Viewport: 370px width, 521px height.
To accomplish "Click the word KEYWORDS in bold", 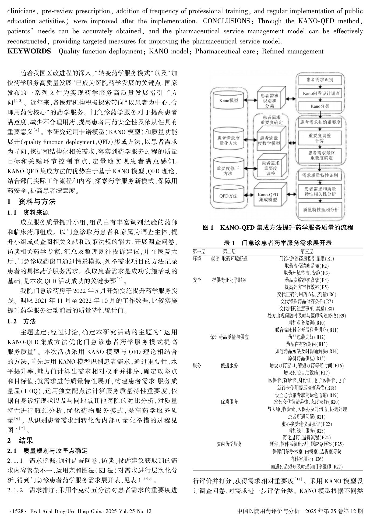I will pyautogui.click(x=29, y=51).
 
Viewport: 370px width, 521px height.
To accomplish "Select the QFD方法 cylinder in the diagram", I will pyautogui.click(x=228, y=196).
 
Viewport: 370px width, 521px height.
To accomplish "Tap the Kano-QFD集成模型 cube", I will pyautogui.click(x=268, y=197).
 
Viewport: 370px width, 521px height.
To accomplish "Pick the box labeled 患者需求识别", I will pyautogui.click(x=319, y=80).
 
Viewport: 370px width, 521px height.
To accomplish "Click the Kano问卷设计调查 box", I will pyautogui.click(x=319, y=93).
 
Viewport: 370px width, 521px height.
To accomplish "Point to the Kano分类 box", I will pyautogui.click(x=319, y=106).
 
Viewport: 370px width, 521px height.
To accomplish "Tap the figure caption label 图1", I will pyautogui.click(x=208, y=228).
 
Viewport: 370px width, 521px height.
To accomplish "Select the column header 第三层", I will pyautogui.click(x=307, y=252).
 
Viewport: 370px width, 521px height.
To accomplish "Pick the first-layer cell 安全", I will pyautogui.click(x=197, y=280).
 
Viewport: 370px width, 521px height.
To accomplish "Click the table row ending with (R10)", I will pyautogui.click(x=307, y=323).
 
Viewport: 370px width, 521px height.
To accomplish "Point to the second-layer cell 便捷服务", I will pyautogui.click(x=229, y=366).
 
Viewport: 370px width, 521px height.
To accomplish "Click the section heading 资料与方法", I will pyautogui.click(x=37, y=202).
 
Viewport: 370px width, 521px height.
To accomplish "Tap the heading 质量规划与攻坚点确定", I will pyautogui.click(x=55, y=451).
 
